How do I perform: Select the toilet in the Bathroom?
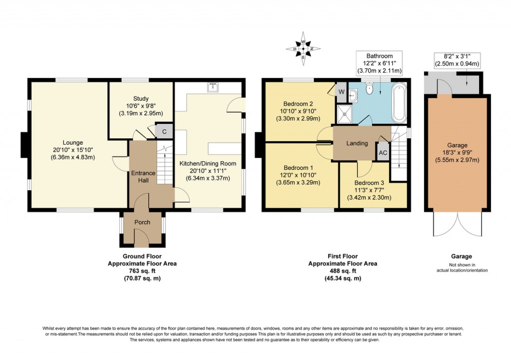coord(370,89)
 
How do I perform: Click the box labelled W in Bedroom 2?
coord(342,92)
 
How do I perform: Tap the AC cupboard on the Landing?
coord(383,153)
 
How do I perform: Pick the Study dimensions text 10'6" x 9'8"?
coord(141,106)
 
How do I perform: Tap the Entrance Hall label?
coord(143,177)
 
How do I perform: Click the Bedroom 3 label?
coord(370,182)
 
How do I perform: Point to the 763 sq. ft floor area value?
coord(142,271)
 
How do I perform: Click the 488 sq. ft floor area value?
coord(342,271)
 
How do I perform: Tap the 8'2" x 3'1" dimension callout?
coord(455,56)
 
